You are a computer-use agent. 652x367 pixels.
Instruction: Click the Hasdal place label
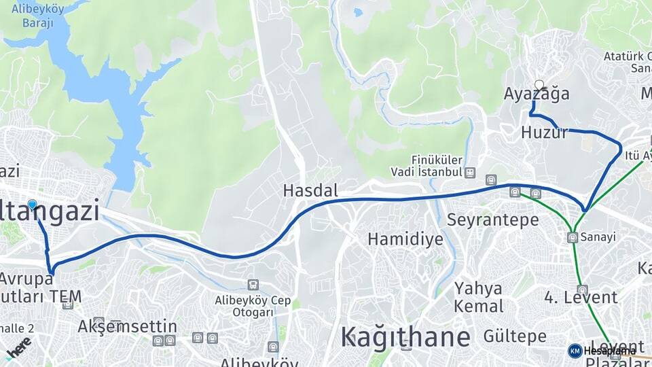tap(310, 191)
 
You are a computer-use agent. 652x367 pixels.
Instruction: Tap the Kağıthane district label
tap(405, 336)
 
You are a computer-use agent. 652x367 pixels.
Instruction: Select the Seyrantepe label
tap(493, 220)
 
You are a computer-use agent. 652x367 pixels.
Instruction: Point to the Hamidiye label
tap(405, 239)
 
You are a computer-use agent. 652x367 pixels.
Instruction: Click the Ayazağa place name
tap(537, 95)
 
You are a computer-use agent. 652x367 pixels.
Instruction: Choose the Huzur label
tap(544, 132)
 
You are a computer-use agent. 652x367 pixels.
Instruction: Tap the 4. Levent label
tap(581, 297)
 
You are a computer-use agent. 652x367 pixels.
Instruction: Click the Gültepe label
tap(515, 336)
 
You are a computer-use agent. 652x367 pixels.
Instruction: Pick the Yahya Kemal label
tap(479, 296)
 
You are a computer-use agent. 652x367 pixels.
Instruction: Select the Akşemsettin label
tap(127, 326)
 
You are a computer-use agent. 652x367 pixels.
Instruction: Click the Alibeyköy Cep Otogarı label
tap(253, 306)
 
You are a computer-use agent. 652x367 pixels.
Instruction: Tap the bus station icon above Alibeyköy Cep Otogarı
tap(253, 285)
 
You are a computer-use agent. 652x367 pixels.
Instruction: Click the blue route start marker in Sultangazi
tap(32, 205)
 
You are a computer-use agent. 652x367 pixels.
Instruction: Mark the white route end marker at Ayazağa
tap(539, 86)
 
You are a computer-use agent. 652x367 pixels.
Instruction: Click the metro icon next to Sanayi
tap(573, 237)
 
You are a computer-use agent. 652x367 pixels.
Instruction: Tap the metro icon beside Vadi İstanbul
tap(470, 173)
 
